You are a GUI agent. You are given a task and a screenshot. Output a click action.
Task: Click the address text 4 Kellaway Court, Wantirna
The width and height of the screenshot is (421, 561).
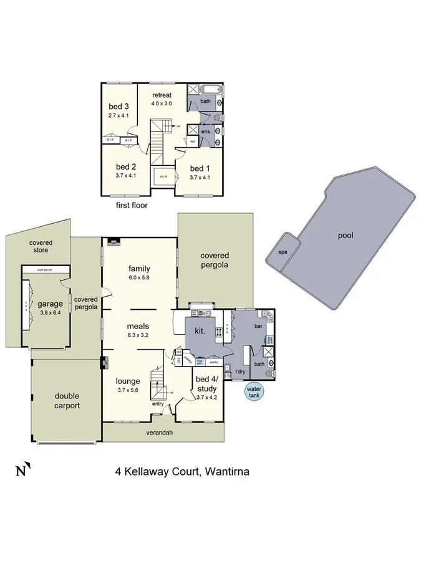pyautogui.click(x=182, y=471)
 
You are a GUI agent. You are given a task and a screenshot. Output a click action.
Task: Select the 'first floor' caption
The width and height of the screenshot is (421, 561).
pyautogui.click(x=132, y=204)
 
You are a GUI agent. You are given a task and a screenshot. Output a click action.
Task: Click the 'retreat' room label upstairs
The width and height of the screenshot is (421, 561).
pyautogui.click(x=162, y=95)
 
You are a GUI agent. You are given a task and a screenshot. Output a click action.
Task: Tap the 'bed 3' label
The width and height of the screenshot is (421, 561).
pyautogui.click(x=119, y=106)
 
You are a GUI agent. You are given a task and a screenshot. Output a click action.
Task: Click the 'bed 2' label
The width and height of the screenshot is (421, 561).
pyautogui.click(x=126, y=166)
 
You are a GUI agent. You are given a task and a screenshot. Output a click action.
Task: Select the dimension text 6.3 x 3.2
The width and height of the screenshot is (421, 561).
pyautogui.click(x=139, y=335)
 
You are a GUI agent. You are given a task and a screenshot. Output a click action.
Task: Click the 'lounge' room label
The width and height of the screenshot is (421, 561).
pyautogui.click(x=128, y=381)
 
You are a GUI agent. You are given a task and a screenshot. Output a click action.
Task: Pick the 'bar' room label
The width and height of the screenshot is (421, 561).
pyautogui.click(x=257, y=325)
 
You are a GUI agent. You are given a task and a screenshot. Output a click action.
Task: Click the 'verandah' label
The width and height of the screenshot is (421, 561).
pyautogui.click(x=159, y=432)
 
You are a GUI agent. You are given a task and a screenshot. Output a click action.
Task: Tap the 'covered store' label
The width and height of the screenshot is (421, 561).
pyautogui.click(x=41, y=246)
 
